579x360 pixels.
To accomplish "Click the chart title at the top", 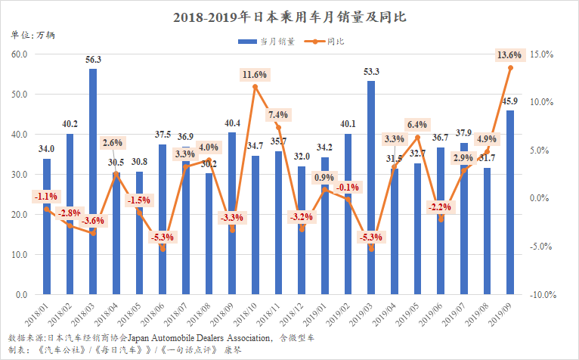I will pyautogui.click(x=289, y=15).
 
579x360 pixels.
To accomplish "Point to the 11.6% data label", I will pyautogui.click(x=255, y=75).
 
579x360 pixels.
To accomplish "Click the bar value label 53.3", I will pyautogui.click(x=371, y=72).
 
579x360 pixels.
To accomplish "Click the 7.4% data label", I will pyautogui.click(x=277, y=115).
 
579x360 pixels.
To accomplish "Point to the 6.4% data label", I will pyautogui.click(x=416, y=124).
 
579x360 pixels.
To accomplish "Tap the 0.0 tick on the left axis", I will pyautogui.click(x=23, y=295).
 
